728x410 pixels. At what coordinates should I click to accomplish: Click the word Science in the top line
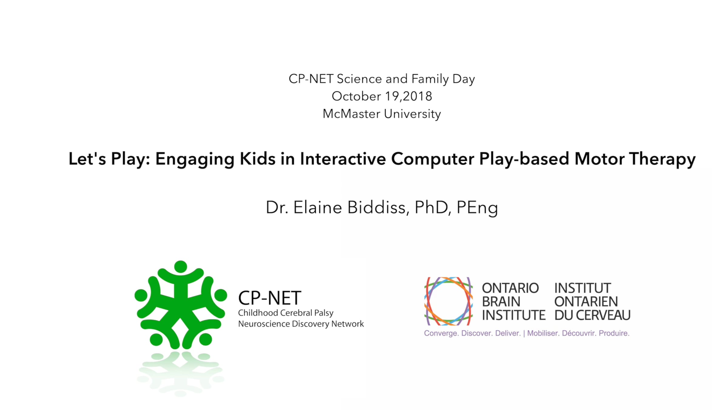(x=359, y=79)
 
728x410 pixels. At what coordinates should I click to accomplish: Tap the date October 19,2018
(x=382, y=96)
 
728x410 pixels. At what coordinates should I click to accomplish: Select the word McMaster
(x=351, y=114)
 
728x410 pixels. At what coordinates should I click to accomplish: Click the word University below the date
(x=413, y=114)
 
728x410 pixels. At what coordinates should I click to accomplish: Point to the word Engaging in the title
(x=194, y=159)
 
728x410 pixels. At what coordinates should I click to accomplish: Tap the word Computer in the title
(x=433, y=159)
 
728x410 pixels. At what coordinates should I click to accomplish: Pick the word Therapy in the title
(x=662, y=159)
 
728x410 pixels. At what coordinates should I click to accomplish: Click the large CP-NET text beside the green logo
(x=270, y=298)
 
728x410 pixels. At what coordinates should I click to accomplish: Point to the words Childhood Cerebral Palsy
(x=286, y=313)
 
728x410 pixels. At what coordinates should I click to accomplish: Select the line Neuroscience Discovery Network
(x=301, y=324)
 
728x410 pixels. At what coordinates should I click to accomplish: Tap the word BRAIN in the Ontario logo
(x=501, y=302)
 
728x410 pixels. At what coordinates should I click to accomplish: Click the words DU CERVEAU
(x=592, y=315)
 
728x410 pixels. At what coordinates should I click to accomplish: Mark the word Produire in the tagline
(x=614, y=333)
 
